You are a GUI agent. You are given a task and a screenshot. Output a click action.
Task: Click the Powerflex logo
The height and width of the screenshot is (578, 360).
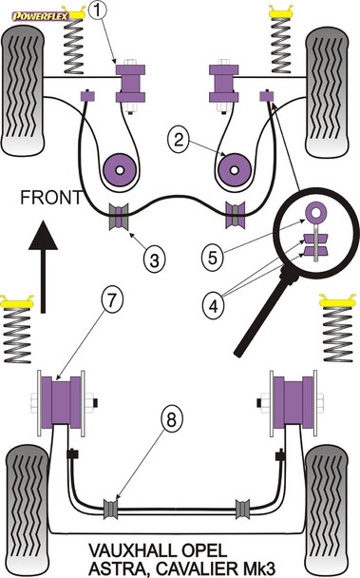point(40,16)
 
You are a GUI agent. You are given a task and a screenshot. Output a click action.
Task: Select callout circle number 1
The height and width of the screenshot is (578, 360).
point(97,10)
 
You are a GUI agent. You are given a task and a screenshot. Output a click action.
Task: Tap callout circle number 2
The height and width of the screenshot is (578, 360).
point(179,140)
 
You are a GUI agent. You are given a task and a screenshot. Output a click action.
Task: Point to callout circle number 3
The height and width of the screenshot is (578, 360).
point(154,260)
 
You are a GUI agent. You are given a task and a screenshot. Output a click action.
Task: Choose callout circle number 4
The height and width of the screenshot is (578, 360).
point(213,305)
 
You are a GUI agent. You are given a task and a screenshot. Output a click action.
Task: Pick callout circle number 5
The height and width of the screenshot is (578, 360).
point(213,257)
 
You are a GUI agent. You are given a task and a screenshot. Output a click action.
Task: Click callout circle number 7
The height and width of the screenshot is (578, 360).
point(112,299)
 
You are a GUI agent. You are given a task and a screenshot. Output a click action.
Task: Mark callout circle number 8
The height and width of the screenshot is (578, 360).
point(172,419)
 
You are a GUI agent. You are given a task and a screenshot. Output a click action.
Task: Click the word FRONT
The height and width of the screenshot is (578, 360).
point(51,198)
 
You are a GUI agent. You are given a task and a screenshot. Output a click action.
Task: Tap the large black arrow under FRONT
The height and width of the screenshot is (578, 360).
point(43,267)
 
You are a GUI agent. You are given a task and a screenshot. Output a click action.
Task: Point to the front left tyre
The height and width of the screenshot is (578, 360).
point(23,91)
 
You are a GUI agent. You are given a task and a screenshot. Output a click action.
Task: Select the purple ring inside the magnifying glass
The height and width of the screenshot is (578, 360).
point(315,212)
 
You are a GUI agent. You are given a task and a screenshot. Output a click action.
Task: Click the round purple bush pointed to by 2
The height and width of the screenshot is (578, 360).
point(235,170)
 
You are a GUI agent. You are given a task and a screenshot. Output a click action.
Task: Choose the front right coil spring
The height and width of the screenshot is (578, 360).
point(281,45)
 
